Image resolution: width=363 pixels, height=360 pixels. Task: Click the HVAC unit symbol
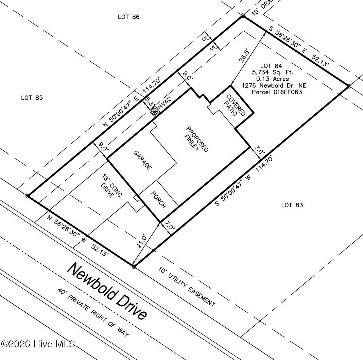click(x=155, y=112)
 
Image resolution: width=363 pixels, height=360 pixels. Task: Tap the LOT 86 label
click(x=128, y=17)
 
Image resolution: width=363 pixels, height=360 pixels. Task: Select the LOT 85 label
click(x=32, y=98)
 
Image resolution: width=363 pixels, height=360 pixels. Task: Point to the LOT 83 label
click(x=292, y=205)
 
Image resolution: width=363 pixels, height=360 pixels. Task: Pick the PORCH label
click(x=158, y=199)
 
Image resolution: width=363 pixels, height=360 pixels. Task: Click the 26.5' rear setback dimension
click(x=244, y=55)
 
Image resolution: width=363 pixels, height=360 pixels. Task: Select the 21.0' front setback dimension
click(x=142, y=241)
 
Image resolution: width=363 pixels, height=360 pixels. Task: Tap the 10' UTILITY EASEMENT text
click(x=187, y=286)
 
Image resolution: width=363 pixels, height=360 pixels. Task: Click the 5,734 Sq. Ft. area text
click(x=273, y=72)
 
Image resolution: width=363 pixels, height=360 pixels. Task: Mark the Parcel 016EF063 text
click(x=277, y=92)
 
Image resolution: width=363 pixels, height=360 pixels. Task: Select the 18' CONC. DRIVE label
click(x=111, y=187)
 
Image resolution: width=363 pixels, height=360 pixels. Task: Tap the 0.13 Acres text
click(x=273, y=79)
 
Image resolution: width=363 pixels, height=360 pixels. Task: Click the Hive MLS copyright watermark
click(x=38, y=344)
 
